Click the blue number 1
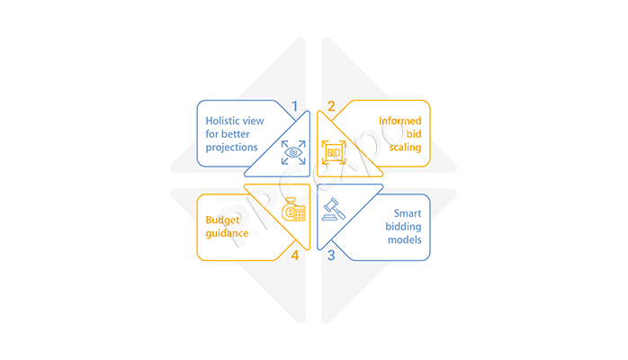click(x=295, y=106)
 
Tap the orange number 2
click(x=331, y=106)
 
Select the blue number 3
click(x=331, y=255)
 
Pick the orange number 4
click(x=295, y=255)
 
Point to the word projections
click(x=231, y=148)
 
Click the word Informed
click(x=400, y=121)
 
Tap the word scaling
click(x=405, y=148)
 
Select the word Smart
click(x=408, y=213)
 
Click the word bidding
click(x=403, y=227)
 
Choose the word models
click(x=405, y=240)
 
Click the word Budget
click(x=222, y=220)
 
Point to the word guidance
click(x=227, y=234)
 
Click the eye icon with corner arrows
click(x=293, y=152)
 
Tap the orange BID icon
click(x=334, y=152)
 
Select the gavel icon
click(x=334, y=209)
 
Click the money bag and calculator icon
click(x=293, y=209)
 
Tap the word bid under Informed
click(x=414, y=134)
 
